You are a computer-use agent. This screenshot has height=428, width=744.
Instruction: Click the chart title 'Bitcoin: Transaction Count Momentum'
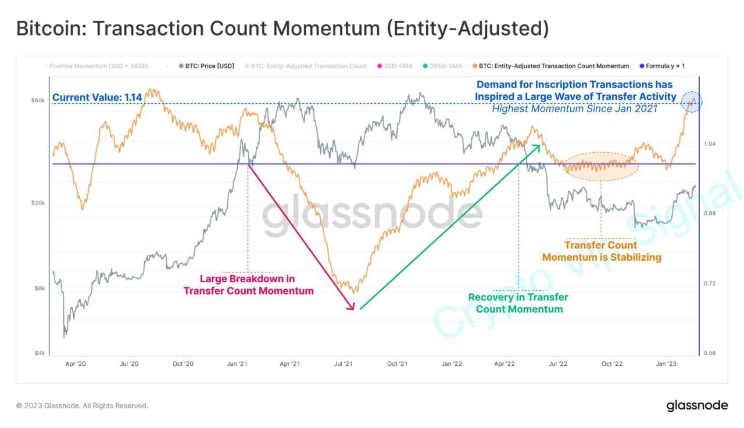point(282,28)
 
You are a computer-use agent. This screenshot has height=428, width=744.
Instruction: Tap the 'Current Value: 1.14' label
point(97,98)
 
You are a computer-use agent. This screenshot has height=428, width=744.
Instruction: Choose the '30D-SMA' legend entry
point(397,66)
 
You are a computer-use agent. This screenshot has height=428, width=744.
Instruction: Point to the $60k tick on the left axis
point(38,101)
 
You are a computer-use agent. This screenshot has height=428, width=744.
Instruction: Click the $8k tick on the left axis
point(39,289)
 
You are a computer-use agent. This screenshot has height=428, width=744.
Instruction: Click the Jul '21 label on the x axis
point(344,364)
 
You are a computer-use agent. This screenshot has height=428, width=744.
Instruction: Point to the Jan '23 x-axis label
point(666,364)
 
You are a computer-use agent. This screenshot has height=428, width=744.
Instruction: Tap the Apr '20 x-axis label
point(76,364)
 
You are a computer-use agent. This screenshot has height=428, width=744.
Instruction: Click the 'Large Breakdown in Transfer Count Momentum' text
point(248,285)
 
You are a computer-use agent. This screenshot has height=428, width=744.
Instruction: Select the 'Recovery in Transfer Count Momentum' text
point(518,303)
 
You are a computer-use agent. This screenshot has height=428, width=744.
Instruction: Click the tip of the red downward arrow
point(353,310)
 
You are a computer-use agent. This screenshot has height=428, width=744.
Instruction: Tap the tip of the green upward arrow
point(539,146)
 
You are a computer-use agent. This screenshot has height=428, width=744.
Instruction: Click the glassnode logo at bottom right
point(696,405)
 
